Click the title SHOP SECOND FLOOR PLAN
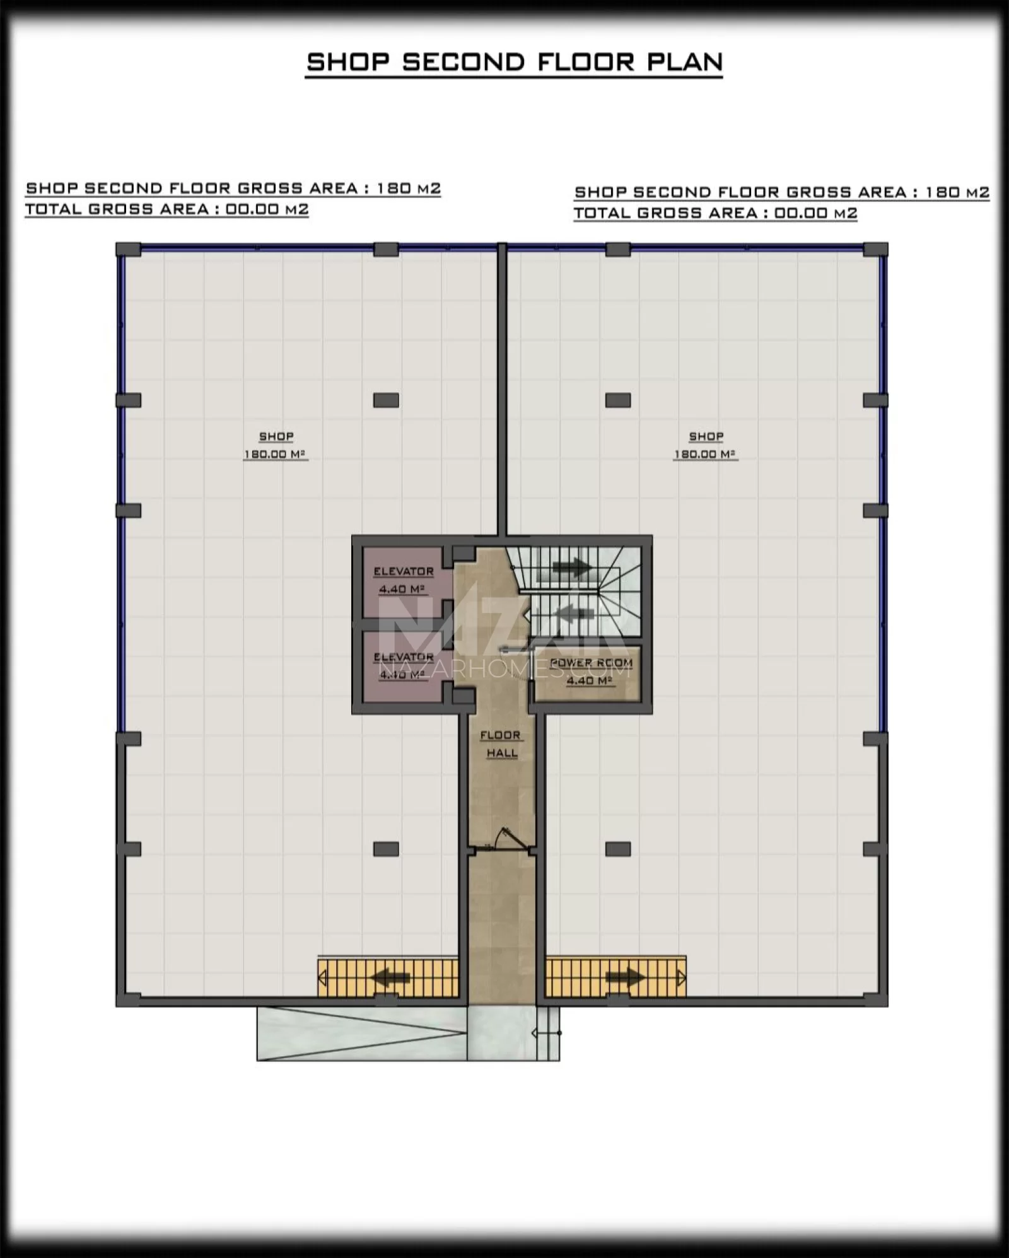pos(514,62)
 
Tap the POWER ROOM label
pos(591,663)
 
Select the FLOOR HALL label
pos(501,744)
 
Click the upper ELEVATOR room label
pos(404,571)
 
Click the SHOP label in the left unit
pos(276,436)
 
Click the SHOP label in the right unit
pos(706,436)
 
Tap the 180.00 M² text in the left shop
pos(276,454)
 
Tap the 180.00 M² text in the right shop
pos(706,454)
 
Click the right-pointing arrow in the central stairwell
pos(571,568)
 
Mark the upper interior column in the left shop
pos(386,400)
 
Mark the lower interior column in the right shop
pos(618,849)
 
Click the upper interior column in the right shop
pos(618,400)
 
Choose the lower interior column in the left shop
pos(386,849)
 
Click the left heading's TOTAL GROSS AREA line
pos(167,209)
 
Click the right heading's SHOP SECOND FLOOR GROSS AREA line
pos(782,192)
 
